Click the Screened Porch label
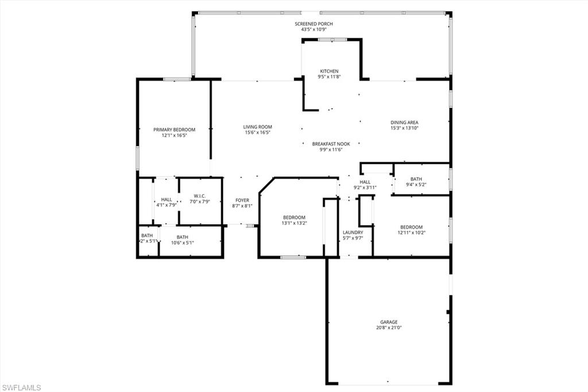point(314,24)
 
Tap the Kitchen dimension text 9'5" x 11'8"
point(330,77)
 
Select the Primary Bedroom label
point(174,129)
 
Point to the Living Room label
point(257,127)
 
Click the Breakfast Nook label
point(331,144)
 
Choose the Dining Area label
point(404,122)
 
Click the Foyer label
point(242,200)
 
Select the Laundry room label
point(353,232)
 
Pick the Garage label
point(389,322)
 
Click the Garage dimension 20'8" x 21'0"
point(389,328)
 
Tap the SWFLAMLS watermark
point(21,387)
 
